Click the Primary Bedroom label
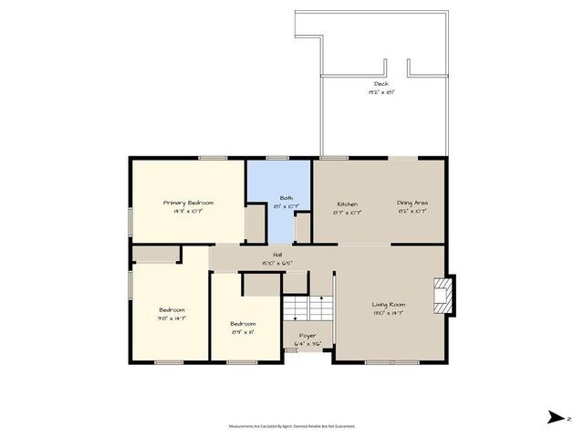coord(188,202)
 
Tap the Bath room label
coord(286,198)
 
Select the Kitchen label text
coord(346,203)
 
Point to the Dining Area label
coord(412,203)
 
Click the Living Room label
coord(388,306)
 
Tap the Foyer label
coord(308,336)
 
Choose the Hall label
coord(276,255)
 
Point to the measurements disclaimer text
coord(291,425)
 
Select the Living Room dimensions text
coord(388,314)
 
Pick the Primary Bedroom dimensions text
coord(188,210)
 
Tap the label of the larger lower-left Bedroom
coord(172,309)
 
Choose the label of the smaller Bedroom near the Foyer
coord(243,324)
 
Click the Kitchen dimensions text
coord(346,211)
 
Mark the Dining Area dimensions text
coord(412,211)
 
